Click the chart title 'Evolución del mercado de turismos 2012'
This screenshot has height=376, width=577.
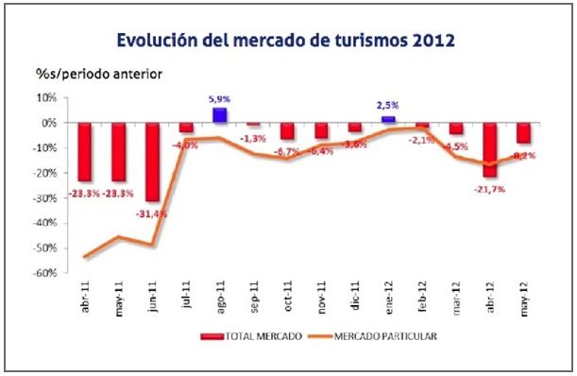coord(286,41)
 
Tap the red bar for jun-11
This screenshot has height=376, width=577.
coord(151,161)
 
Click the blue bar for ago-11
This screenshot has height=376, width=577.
coord(219,115)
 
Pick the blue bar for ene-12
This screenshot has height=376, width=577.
coord(387,119)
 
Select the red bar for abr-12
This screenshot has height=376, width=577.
coord(489,149)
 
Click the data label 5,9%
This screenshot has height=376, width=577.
coord(219,98)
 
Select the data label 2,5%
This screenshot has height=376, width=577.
coord(387,107)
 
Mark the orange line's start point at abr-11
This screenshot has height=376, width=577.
coord(85,257)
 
